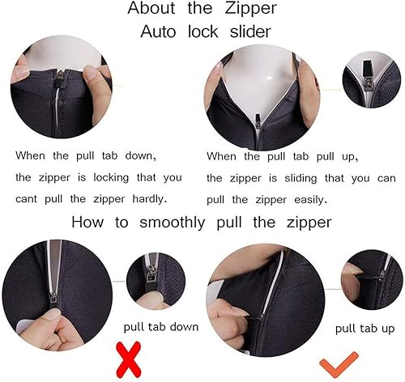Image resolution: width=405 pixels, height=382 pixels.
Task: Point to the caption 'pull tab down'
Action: (x=160, y=328)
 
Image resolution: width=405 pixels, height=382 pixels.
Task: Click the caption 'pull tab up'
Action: (x=365, y=329)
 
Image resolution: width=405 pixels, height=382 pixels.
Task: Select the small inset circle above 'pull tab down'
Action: (x=156, y=279)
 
